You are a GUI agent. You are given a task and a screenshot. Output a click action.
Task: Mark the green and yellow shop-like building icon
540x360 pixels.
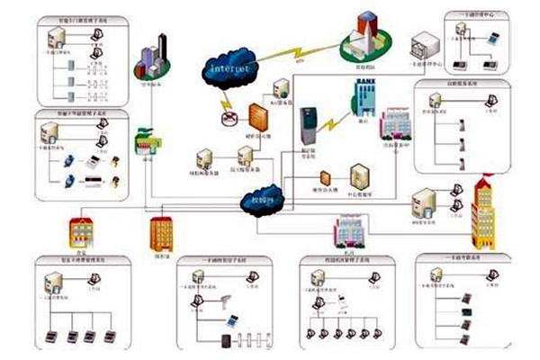click(146, 144)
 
